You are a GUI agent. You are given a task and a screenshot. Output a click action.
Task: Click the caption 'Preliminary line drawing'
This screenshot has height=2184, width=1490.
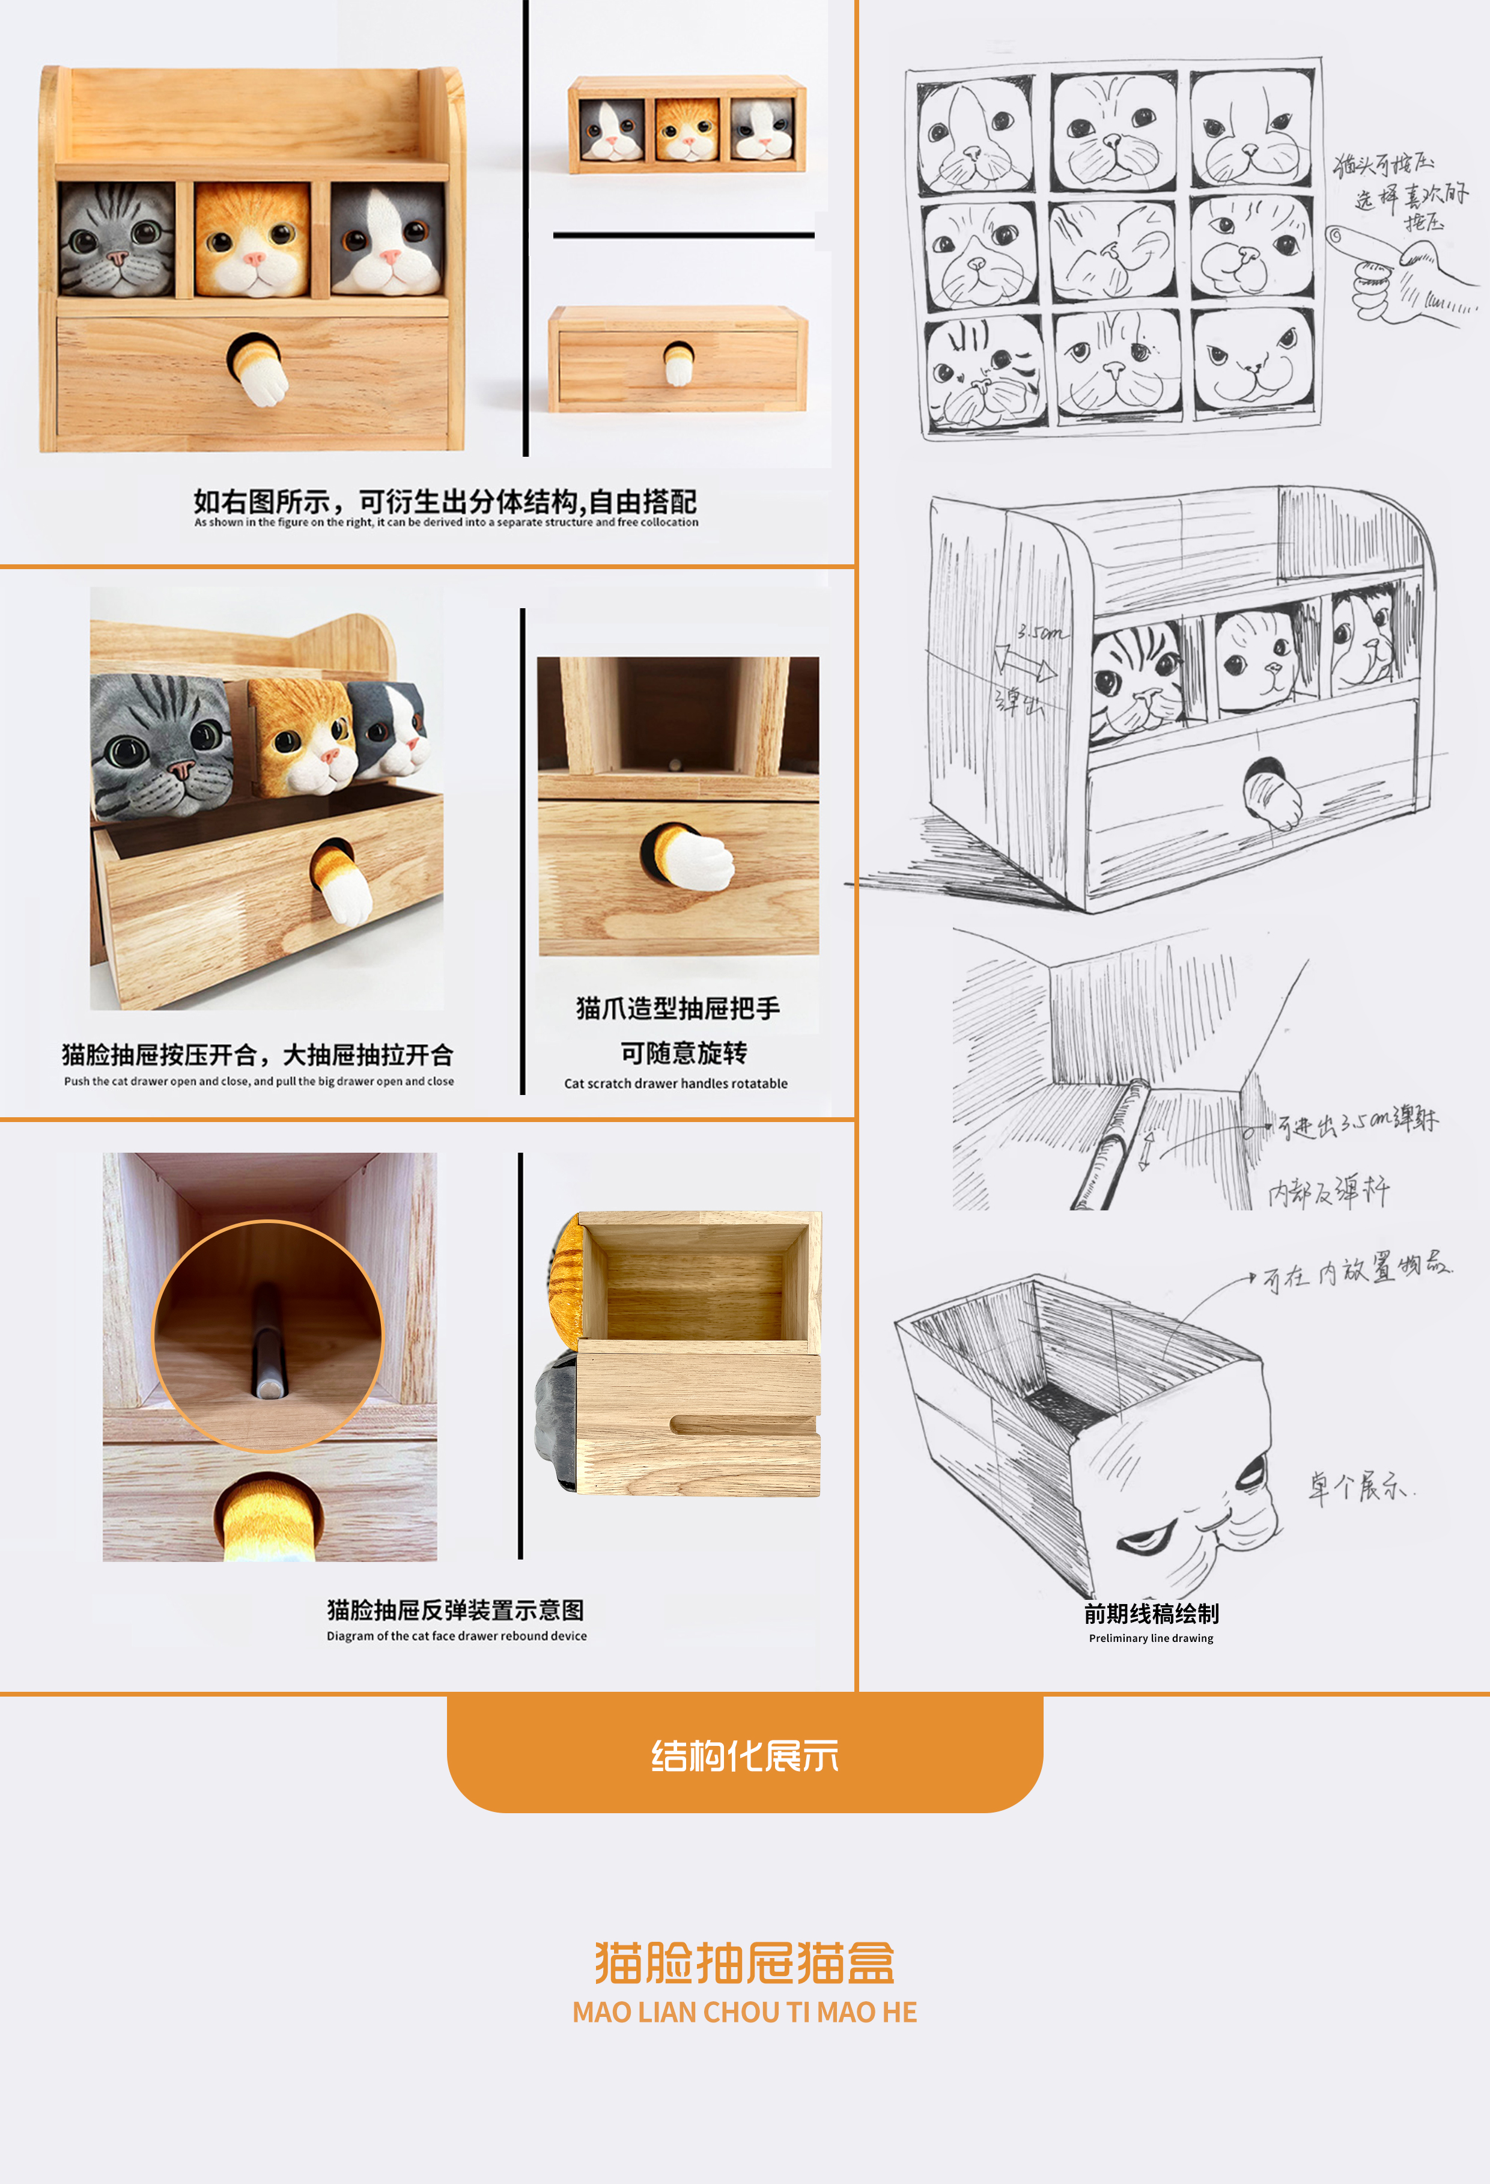tap(1151, 1638)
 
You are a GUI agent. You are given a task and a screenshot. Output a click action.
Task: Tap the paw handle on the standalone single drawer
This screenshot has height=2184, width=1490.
tap(678, 363)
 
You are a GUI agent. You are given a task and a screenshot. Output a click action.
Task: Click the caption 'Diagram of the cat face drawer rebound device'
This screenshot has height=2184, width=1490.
tap(457, 1636)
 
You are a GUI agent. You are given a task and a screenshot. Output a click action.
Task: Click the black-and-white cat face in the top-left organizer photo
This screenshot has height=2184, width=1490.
tap(387, 240)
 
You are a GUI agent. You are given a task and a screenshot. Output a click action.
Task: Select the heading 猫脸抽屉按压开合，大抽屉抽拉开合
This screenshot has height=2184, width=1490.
tap(257, 1054)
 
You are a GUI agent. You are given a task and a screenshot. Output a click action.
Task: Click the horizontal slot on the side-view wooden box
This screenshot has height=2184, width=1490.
tap(742, 1425)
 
